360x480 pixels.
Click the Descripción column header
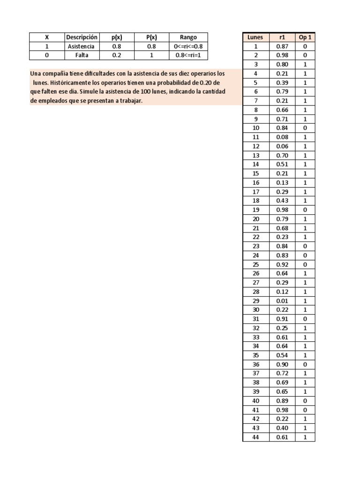click(x=82, y=37)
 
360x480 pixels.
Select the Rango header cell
click(x=188, y=37)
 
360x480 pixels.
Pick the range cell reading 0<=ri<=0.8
click(x=188, y=46)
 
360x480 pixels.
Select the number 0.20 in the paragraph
click(x=206, y=83)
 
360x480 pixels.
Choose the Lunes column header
click(x=255, y=37)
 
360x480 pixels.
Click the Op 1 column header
click(x=305, y=37)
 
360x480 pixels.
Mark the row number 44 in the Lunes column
click(x=255, y=437)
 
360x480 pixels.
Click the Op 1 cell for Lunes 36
click(x=305, y=364)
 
